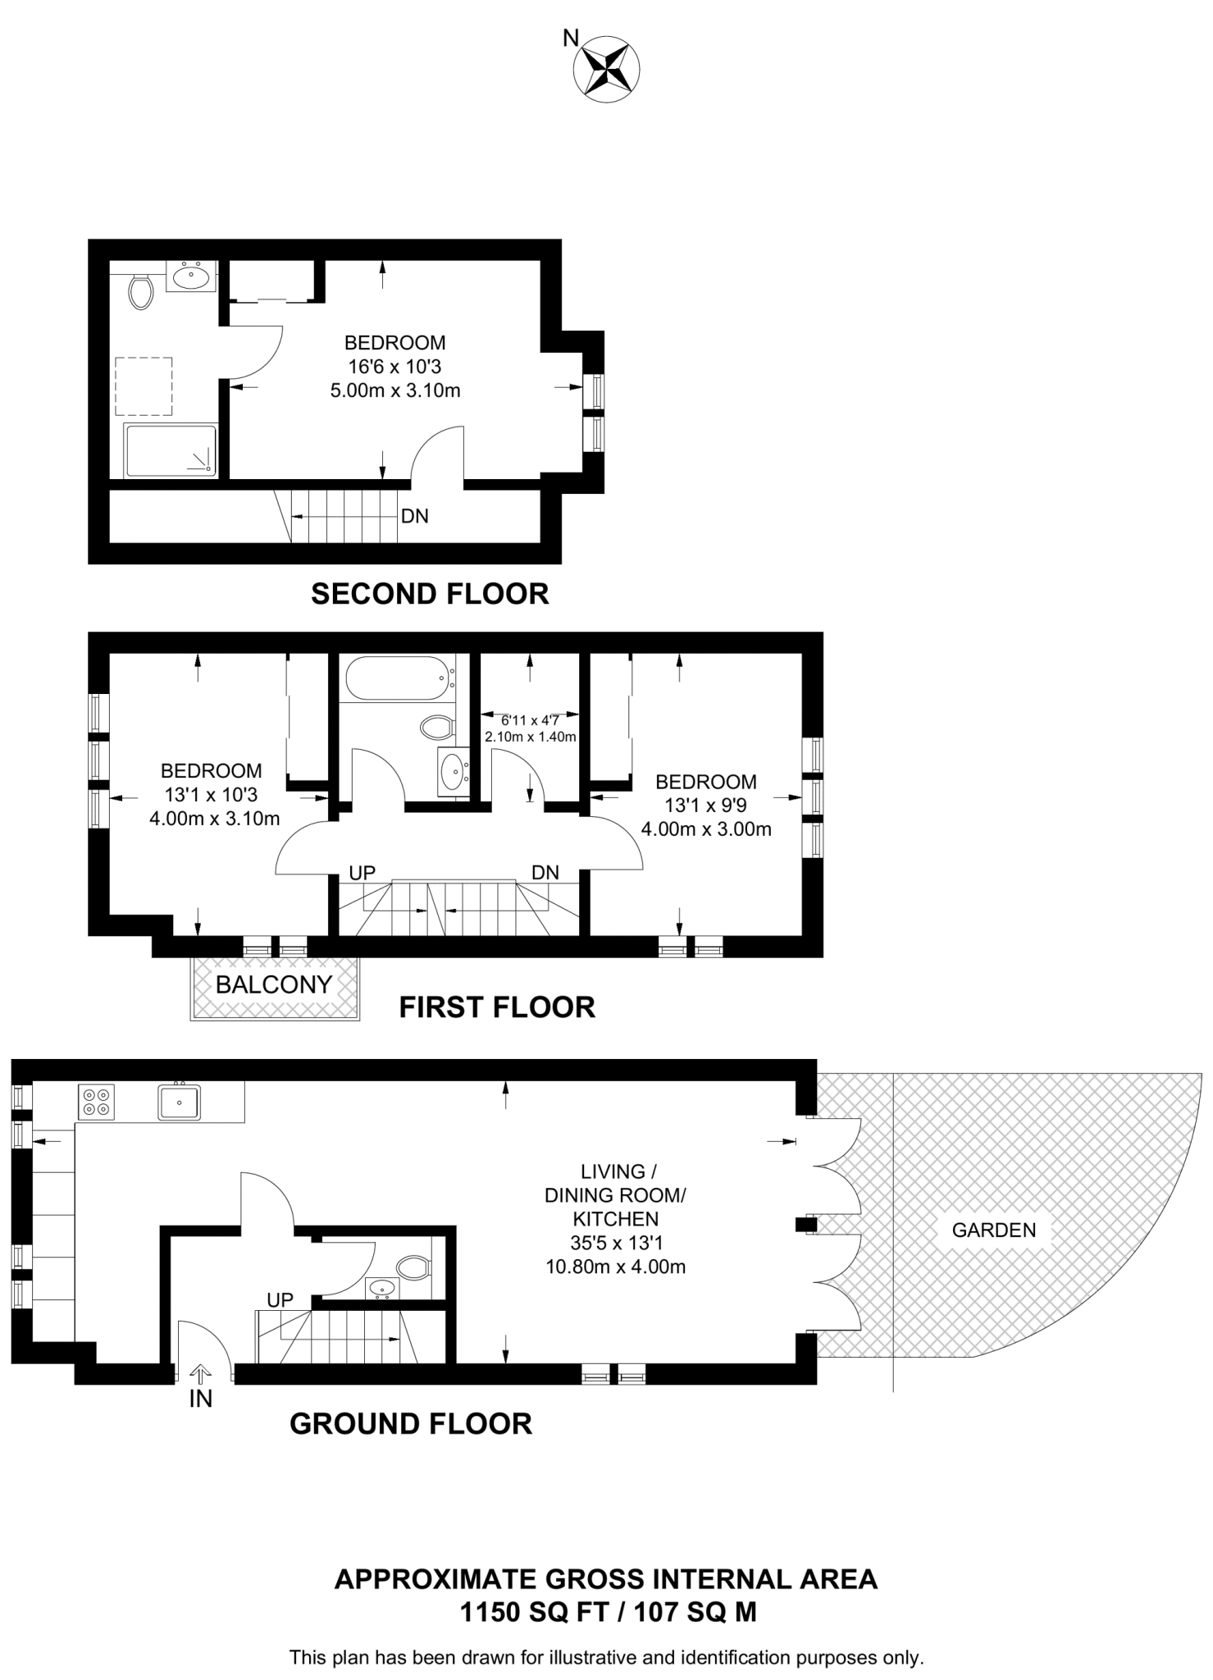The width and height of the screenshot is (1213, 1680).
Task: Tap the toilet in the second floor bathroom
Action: click(x=141, y=291)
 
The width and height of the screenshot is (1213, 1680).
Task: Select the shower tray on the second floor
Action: click(x=171, y=450)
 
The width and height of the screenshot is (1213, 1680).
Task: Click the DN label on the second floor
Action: click(x=415, y=516)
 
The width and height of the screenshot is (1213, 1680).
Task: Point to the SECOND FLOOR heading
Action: click(x=430, y=594)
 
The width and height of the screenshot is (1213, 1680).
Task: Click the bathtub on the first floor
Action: click(x=399, y=678)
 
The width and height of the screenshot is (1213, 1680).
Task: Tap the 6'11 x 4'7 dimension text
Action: click(x=530, y=720)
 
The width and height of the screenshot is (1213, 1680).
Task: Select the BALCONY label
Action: click(x=274, y=984)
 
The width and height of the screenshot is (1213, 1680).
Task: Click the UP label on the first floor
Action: click(x=362, y=873)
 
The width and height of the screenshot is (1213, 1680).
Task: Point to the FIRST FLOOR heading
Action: click(x=497, y=1007)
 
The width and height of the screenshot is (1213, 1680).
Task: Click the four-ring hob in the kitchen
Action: click(x=97, y=1102)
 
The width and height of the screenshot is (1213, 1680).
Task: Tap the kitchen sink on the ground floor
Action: click(x=179, y=1102)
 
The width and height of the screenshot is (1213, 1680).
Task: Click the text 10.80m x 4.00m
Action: click(x=615, y=1267)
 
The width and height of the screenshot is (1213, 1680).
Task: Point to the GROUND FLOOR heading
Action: click(x=411, y=1424)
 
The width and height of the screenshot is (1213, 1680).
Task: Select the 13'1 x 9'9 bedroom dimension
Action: click(x=705, y=806)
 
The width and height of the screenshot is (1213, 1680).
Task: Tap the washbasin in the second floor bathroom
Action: click(x=193, y=276)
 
